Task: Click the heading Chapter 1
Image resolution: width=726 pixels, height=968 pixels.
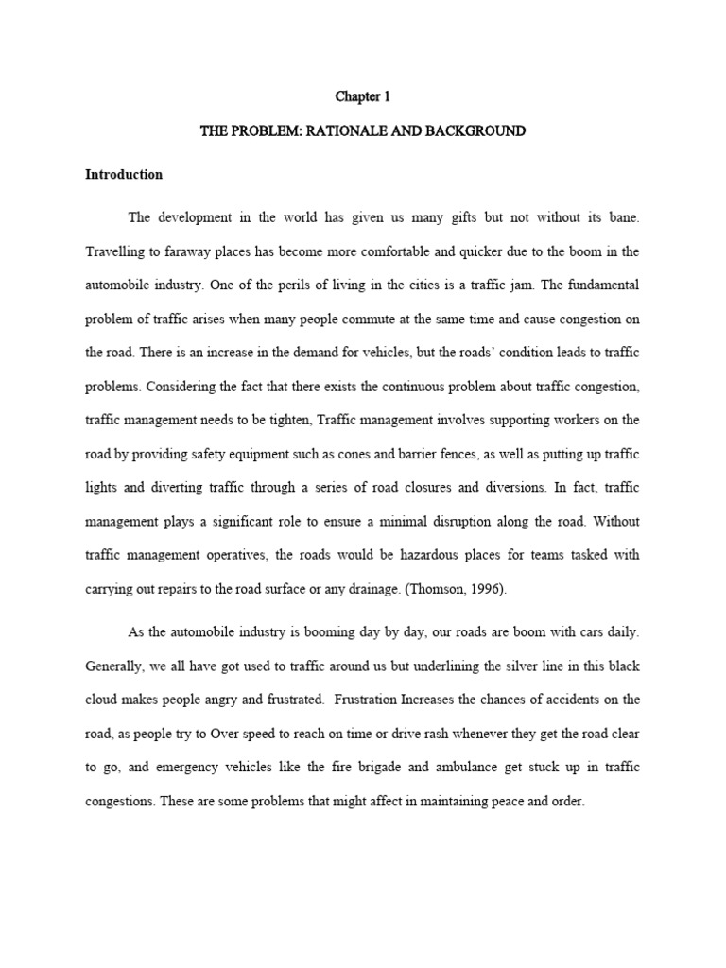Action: pyautogui.click(x=363, y=96)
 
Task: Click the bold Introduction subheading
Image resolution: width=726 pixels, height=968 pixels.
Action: pyautogui.click(x=124, y=175)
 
